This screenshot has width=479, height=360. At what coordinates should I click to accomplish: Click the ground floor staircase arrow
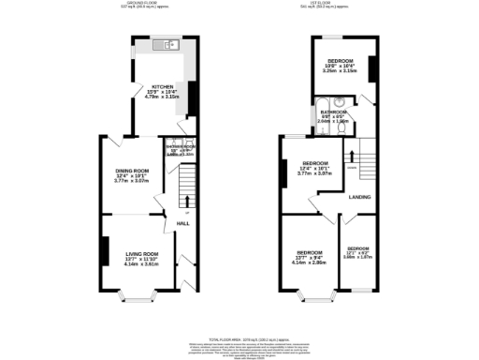[x=186, y=200]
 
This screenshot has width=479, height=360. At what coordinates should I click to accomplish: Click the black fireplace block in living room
[x=102, y=251]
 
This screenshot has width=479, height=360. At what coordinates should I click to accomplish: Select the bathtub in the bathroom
[x=323, y=105]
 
